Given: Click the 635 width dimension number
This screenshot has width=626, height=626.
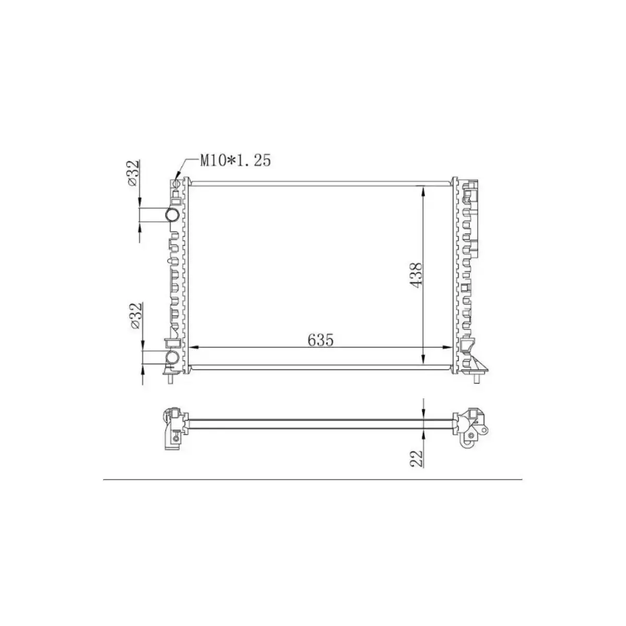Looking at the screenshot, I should pyautogui.click(x=320, y=340).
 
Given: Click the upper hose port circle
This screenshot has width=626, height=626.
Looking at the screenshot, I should pyautogui.click(x=172, y=215).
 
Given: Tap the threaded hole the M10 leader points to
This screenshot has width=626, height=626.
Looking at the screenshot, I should pyautogui.click(x=176, y=184).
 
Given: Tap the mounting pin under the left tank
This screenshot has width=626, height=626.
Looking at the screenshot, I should pyautogui.click(x=170, y=380).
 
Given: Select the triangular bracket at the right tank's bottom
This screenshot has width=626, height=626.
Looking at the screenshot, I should pyautogui.click(x=478, y=364).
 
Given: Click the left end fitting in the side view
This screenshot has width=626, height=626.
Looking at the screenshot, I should pyautogui.click(x=173, y=428).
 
